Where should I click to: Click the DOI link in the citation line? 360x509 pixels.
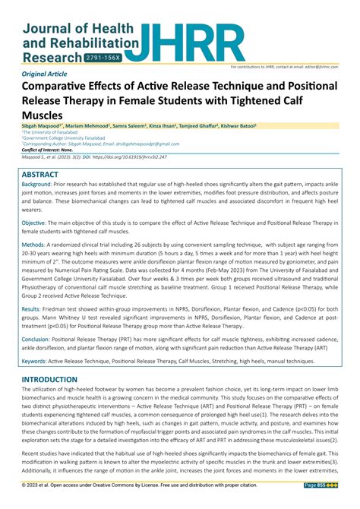[138, 157]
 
